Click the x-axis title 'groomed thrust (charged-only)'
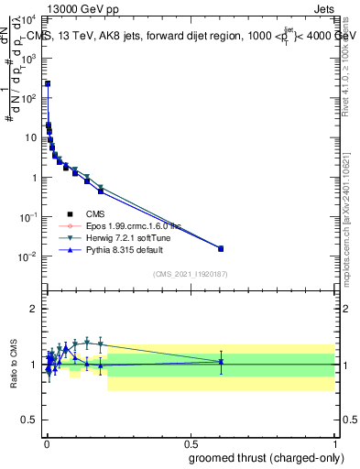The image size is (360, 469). click(x=267, y=457)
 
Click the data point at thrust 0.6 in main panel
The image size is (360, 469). click(x=220, y=248)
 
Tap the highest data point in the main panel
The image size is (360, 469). click(x=48, y=83)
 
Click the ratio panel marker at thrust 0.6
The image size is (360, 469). click(x=220, y=362)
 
